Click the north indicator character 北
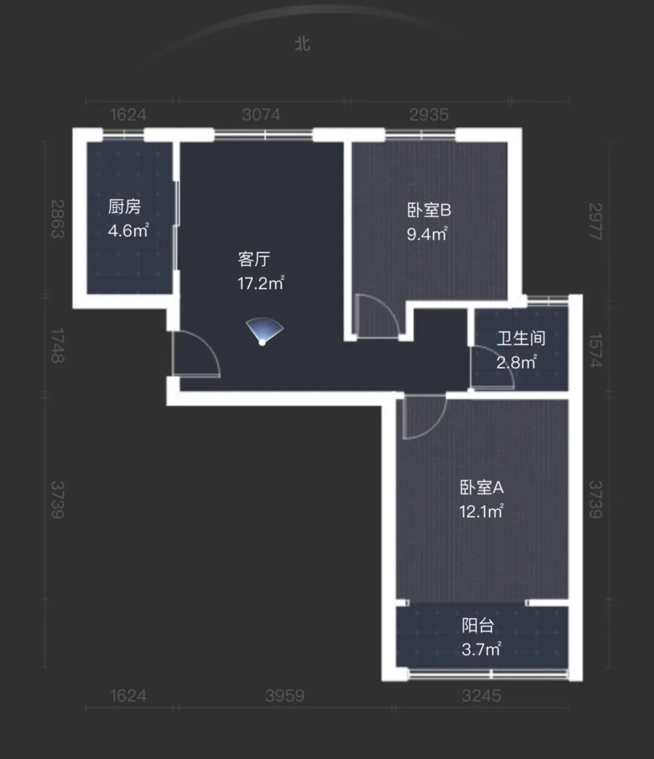pos(303,44)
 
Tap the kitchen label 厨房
pos(124,207)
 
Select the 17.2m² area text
pos(261,283)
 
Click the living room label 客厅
pos(254,259)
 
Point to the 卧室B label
pos(429,210)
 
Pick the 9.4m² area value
pos(428,234)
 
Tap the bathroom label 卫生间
pos(521,338)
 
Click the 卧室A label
pos(482,488)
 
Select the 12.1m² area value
pos(481,511)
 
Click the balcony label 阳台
pos(478,626)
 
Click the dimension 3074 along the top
pos(262,115)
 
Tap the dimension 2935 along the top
pos(429,115)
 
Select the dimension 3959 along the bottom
pos(285,696)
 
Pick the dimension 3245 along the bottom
pos(481,696)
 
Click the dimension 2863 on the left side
pos(58,219)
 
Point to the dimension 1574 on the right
pos(595,350)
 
